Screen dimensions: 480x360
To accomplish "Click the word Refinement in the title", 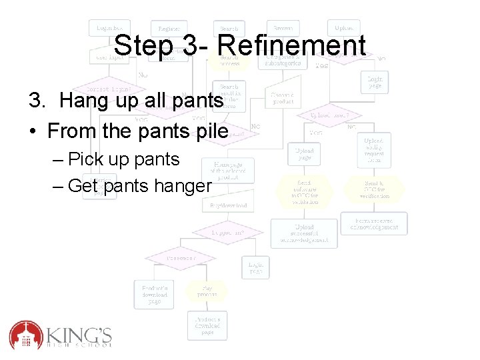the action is (x=291, y=46).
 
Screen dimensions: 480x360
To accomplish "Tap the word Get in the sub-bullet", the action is (x=83, y=186).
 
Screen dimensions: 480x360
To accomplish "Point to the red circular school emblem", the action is (x=26, y=335).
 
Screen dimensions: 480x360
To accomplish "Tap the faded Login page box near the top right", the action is (x=375, y=81).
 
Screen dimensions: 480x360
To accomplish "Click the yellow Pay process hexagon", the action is (x=206, y=291).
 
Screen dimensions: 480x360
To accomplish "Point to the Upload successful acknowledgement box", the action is (x=303, y=233).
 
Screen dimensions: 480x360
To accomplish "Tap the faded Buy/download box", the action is (x=229, y=205).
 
